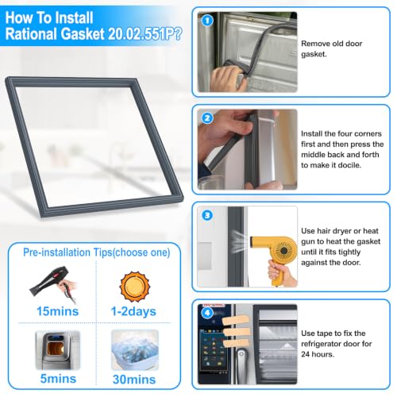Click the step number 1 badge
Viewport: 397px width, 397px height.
[207, 21]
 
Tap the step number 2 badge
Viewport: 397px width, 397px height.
[207, 118]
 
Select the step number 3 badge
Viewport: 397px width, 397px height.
[207, 215]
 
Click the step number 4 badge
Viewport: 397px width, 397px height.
[207, 313]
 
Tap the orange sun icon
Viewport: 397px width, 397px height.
[135, 287]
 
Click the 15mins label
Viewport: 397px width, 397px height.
[57, 311]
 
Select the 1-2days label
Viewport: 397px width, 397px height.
[133, 311]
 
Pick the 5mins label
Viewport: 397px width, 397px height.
[58, 379]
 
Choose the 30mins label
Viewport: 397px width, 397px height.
[134, 380]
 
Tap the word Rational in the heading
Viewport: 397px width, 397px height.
[32, 34]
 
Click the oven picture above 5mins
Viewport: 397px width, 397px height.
[58, 350]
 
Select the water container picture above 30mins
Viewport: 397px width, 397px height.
[135, 350]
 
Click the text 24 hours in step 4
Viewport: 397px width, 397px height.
[318, 354]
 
